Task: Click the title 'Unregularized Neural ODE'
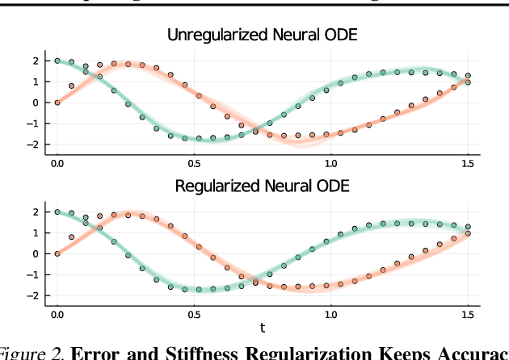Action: tap(262, 35)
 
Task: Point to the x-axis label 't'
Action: tap(262, 328)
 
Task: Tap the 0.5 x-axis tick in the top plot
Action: tap(193, 164)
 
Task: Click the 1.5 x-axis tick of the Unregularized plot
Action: tap(466, 164)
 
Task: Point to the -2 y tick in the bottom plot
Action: tap(33, 295)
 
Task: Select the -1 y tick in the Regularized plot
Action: tap(33, 274)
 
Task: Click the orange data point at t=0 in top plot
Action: tap(57, 103)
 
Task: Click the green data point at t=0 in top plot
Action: tap(57, 61)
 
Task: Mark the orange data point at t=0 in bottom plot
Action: tap(57, 253)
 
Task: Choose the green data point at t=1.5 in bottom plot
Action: tap(467, 227)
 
